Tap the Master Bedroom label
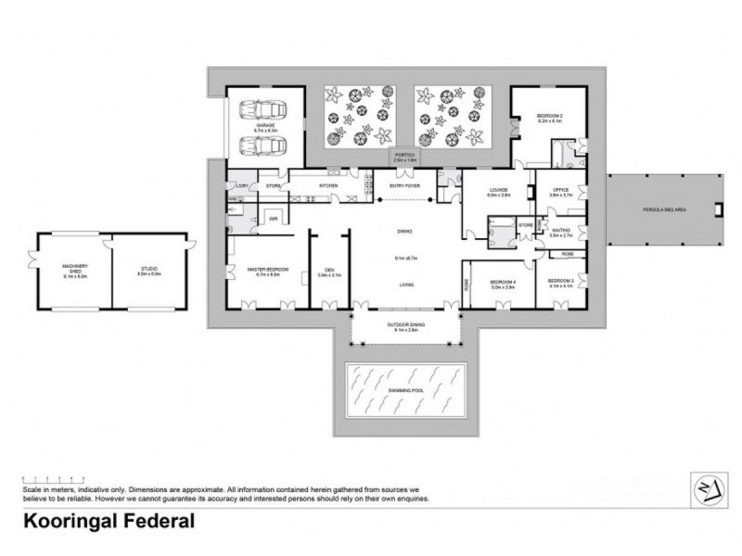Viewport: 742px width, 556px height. click(268, 270)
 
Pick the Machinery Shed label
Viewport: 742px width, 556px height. click(73, 270)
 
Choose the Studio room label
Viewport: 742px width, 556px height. click(149, 270)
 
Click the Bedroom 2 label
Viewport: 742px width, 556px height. click(549, 117)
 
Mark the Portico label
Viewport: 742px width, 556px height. click(403, 158)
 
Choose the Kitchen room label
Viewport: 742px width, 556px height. click(329, 186)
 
